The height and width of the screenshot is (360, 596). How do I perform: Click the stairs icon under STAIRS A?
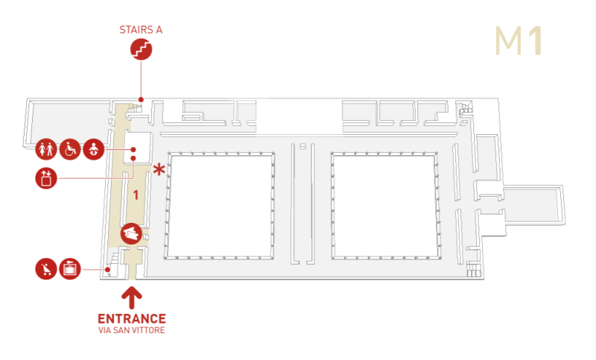pyautogui.click(x=141, y=49)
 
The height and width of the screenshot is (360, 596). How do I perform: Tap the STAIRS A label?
pyautogui.click(x=141, y=30)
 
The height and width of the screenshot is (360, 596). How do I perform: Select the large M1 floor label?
pyautogui.click(x=519, y=41)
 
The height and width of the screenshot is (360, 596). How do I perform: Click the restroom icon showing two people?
pyautogui.click(x=46, y=149)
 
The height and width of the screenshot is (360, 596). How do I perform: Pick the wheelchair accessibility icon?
pyautogui.click(x=70, y=149)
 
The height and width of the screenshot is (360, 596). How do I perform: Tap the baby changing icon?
pyautogui.click(x=94, y=149)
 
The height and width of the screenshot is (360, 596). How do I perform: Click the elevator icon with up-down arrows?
pyautogui.click(x=46, y=178)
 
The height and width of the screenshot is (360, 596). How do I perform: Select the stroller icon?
pyautogui.click(x=46, y=269)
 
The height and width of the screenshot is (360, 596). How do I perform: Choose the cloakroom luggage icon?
pyautogui.click(x=70, y=269)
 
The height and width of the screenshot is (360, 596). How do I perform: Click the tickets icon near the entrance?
pyautogui.click(x=132, y=234)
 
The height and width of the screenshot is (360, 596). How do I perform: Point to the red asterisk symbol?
pyautogui.click(x=159, y=169)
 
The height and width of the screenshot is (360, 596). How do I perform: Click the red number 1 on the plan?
pyautogui.click(x=136, y=195)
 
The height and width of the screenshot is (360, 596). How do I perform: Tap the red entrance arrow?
pyautogui.click(x=132, y=297)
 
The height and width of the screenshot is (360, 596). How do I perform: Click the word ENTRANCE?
pyautogui.click(x=132, y=318)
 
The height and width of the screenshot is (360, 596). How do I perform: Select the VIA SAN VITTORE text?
pyautogui.click(x=132, y=330)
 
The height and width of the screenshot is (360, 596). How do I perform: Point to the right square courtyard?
pyautogui.click(x=384, y=206)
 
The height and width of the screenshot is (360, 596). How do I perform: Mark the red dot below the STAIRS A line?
pyautogui.click(x=141, y=100)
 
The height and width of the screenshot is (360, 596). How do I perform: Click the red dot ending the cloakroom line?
pyautogui.click(x=108, y=270)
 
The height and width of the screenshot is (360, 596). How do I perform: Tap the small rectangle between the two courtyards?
pyautogui.click(x=303, y=146)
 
